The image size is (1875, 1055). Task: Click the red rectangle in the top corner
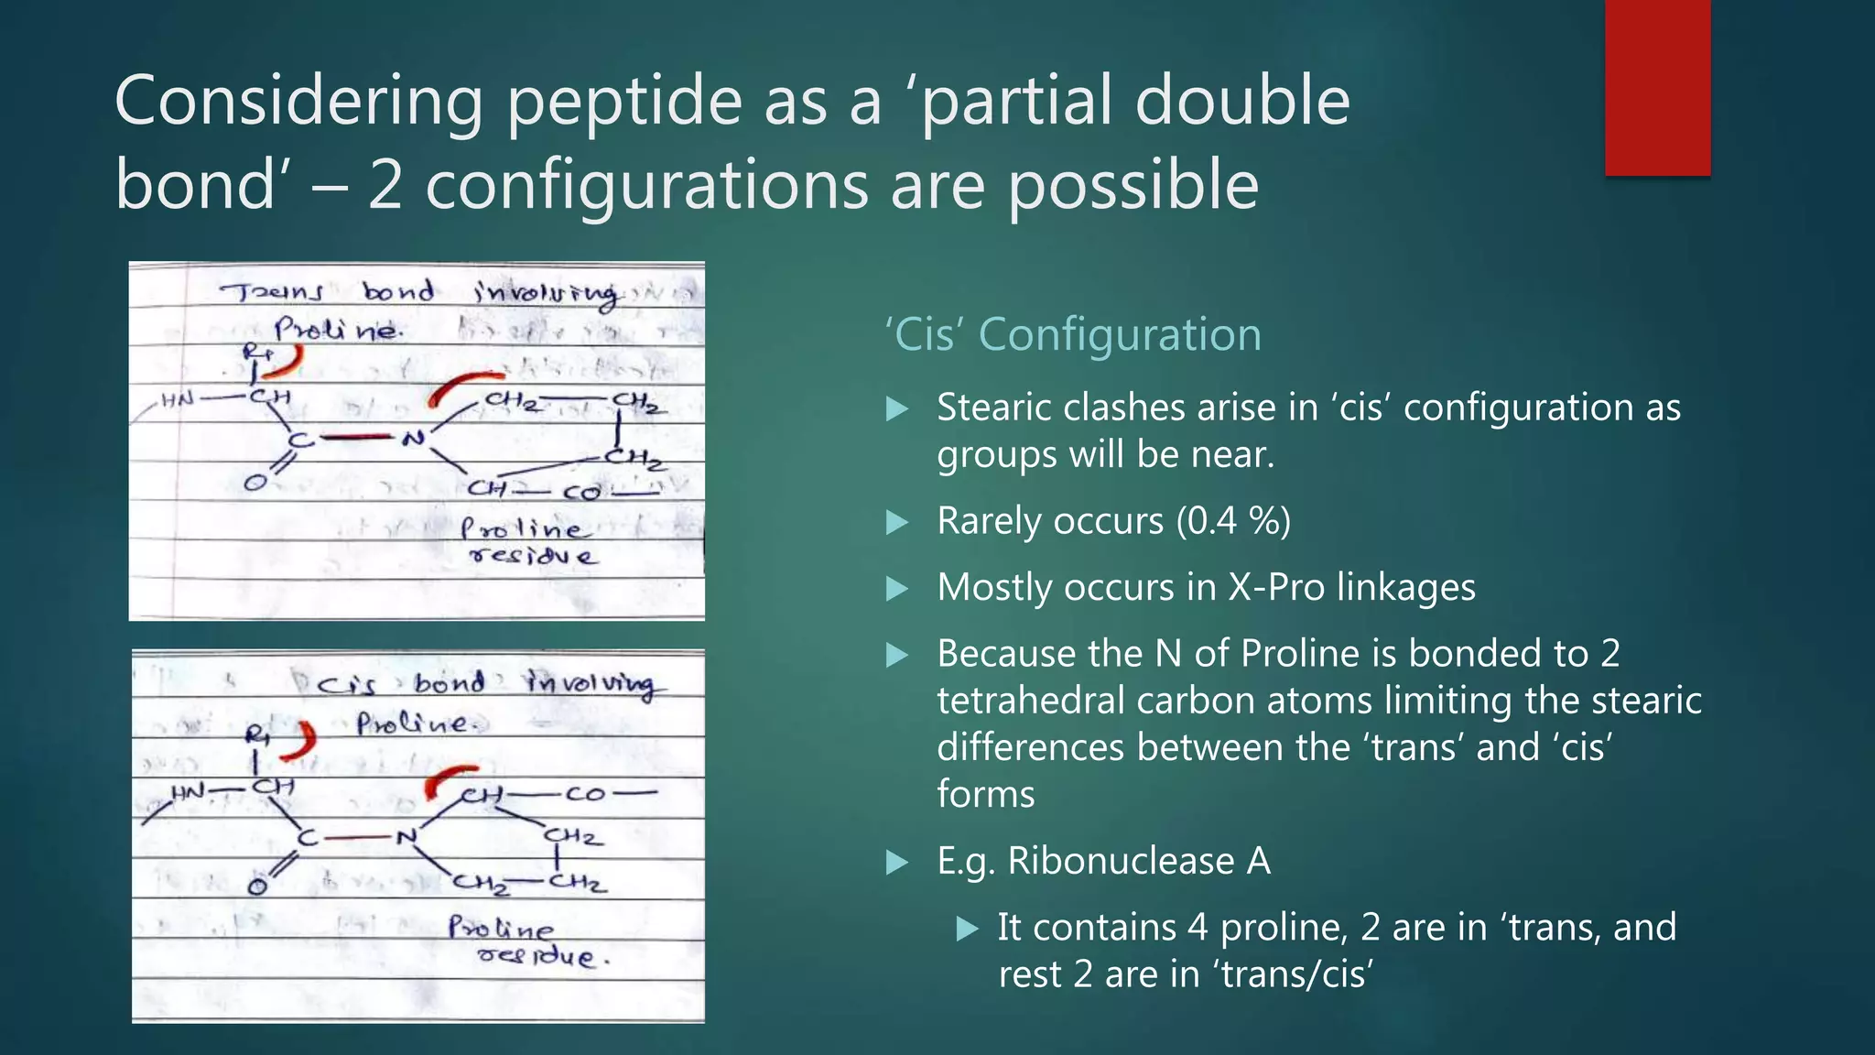pos(1657,87)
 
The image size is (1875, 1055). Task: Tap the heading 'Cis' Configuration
pos(1073,334)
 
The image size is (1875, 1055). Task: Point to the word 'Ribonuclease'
pos(1121,861)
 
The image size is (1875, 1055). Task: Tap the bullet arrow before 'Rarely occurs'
pos(898,522)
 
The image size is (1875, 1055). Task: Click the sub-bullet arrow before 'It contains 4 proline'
pos(967,929)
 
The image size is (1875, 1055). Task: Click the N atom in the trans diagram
pos(414,438)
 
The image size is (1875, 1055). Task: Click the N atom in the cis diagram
pos(406,836)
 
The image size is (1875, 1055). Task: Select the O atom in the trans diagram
pos(255,482)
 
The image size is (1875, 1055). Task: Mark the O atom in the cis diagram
pos(257,886)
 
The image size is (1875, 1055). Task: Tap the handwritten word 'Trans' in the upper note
pos(272,292)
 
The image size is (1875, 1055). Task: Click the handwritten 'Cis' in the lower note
pos(347,684)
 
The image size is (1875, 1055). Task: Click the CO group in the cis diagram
pos(585,794)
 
